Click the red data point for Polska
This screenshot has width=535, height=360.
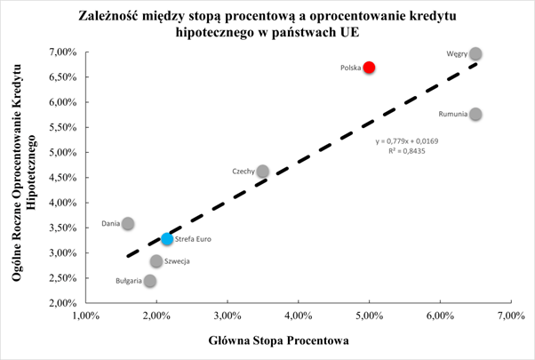[x=369, y=68]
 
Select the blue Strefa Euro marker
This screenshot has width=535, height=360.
[x=167, y=239]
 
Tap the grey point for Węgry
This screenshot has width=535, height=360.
[x=475, y=53]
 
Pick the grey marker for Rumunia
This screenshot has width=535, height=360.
[x=475, y=114]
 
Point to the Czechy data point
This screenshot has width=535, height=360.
[x=262, y=172]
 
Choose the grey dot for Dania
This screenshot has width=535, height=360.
[x=128, y=224]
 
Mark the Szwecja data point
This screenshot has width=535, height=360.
[x=156, y=261]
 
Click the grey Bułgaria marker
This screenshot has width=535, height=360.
[x=149, y=281]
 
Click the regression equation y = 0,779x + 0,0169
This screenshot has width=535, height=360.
[x=407, y=141]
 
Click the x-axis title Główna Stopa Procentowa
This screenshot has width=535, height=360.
[x=298, y=341]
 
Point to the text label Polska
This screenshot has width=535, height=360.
[x=350, y=68]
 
